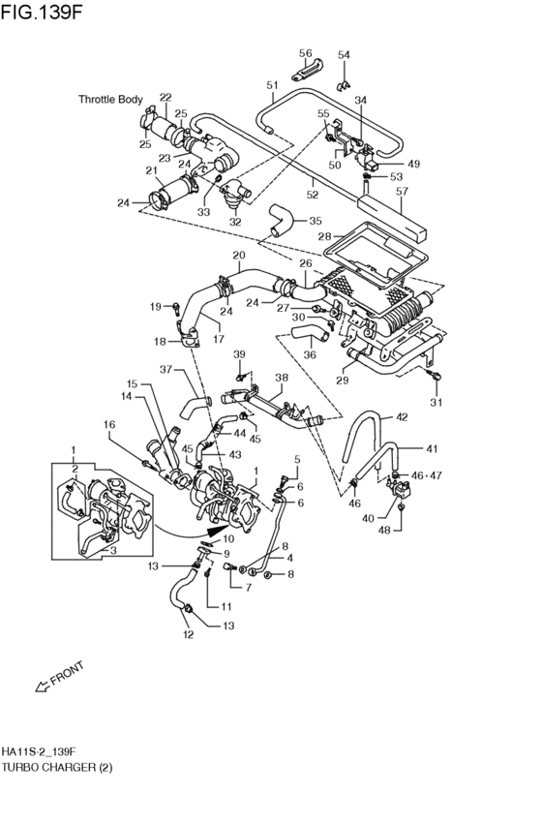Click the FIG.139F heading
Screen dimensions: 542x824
[x=42, y=12]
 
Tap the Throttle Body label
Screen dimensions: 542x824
[x=110, y=99]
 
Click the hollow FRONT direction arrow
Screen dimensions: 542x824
[x=42, y=686]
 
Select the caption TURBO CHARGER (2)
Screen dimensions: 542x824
[x=57, y=768]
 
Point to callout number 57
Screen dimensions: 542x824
[x=402, y=192]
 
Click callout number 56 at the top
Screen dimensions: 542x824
[x=305, y=53]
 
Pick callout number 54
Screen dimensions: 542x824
[x=344, y=54]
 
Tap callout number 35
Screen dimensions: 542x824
[x=316, y=221]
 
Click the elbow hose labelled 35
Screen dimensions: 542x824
[x=280, y=221]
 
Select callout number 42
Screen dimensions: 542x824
[x=402, y=417]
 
